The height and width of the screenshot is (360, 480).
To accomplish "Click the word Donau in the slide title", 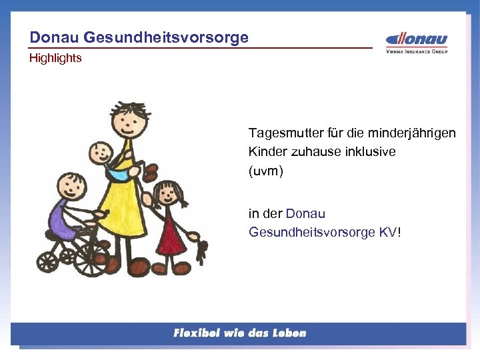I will (51, 37).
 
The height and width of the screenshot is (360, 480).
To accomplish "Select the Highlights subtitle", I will (55, 58).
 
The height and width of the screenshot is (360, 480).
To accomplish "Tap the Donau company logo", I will (417, 39).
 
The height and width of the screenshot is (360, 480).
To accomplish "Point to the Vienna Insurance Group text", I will (417, 51).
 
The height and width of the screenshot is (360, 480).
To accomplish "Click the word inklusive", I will (371, 152).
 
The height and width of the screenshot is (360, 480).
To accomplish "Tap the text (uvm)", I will (266, 171).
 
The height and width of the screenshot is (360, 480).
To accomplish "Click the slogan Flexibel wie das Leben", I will (239, 333).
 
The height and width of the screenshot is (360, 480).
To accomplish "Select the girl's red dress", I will (170, 231).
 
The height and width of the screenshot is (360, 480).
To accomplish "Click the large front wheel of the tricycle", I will (91, 257).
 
